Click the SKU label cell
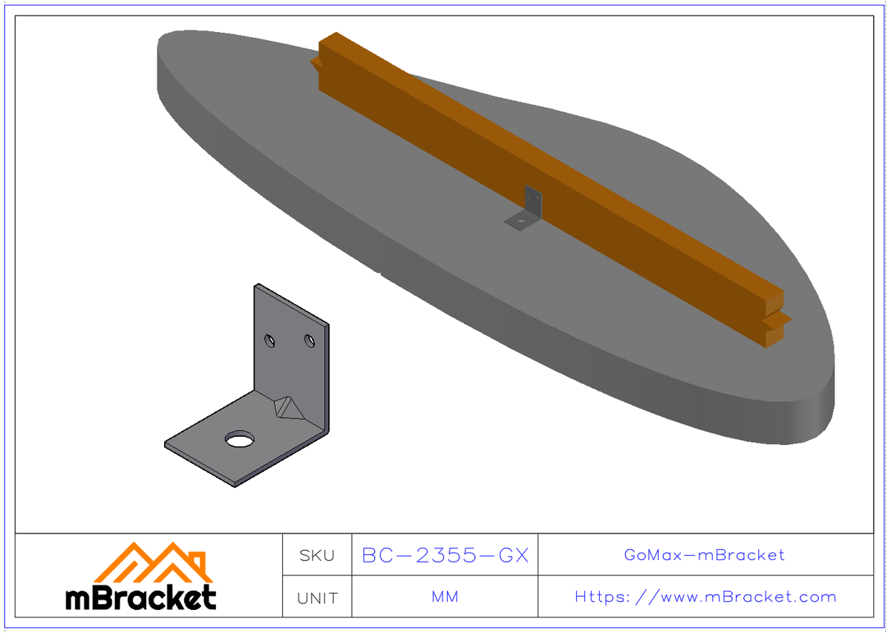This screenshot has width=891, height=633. coord(317,555)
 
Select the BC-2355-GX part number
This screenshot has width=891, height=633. coord(445,555)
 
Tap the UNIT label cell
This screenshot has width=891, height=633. coord(317,597)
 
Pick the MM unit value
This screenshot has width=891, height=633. coord(445,597)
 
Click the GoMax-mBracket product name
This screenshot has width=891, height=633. coord(705,555)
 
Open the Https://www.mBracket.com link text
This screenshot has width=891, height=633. coord(705,597)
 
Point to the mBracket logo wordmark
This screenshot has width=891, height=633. coord(141,597)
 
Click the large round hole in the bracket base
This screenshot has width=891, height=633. coord(239,440)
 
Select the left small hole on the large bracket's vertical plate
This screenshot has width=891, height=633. coord(271,341)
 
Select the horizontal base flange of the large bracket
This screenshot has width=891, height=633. coord(215,453)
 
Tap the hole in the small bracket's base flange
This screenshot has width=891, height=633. coord(522,220)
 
